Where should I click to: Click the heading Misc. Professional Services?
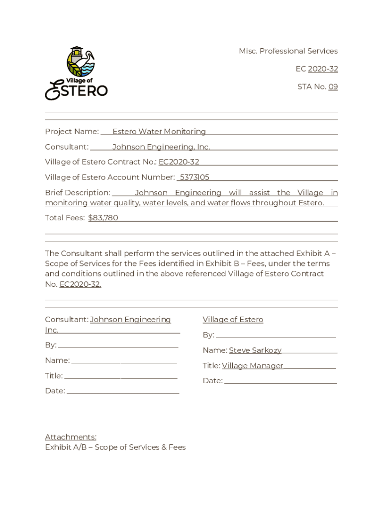pos(288,51)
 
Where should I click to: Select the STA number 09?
pos(333,87)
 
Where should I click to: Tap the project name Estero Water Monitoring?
pos(159,132)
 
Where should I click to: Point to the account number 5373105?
pos(194,177)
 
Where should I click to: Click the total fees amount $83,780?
pos(103,218)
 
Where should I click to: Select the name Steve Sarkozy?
pos(255,350)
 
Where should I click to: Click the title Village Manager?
pos(253,366)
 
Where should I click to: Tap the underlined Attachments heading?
pos(71,437)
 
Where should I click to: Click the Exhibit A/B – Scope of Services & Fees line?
pos(115,447)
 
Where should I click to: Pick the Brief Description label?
pos(78,193)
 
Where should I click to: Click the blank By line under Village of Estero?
pos(276,336)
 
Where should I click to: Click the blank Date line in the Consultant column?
pos(123,391)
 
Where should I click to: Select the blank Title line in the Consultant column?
pos(121,376)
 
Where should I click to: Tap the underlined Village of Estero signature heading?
pos(233,320)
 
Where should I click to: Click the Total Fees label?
pos(65,218)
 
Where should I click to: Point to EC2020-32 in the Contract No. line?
pos(179,162)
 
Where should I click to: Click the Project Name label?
pos(72,132)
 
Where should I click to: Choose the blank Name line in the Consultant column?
pos(124,361)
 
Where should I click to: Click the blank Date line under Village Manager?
pos(280,381)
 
